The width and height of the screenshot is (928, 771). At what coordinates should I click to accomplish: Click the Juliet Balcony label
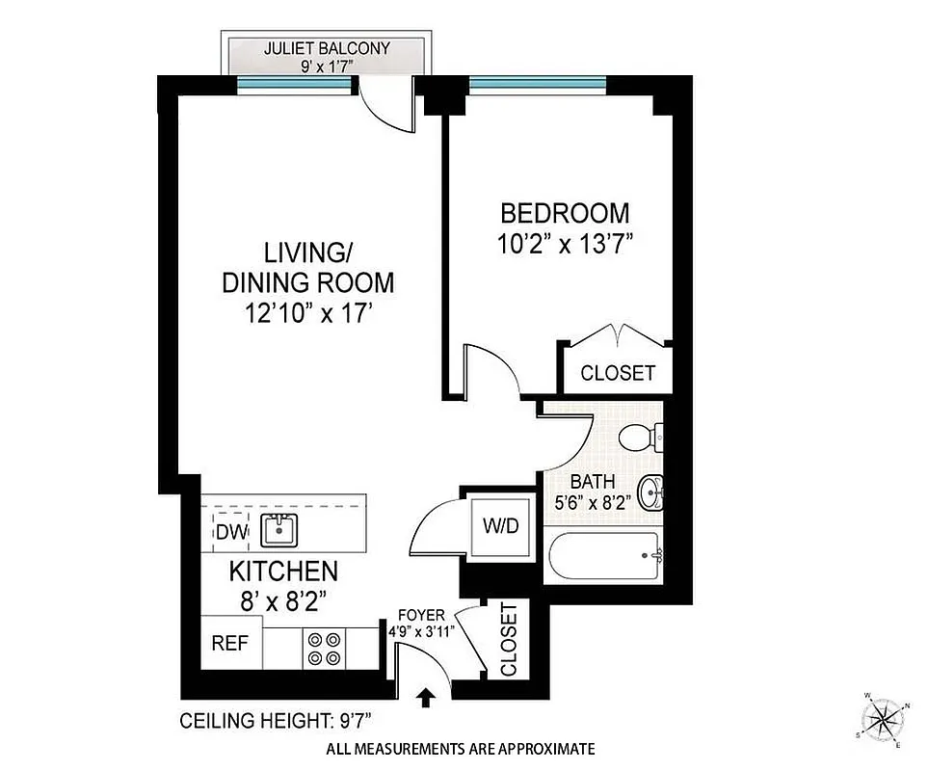(322, 47)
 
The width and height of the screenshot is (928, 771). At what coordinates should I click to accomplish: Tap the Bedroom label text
(564, 213)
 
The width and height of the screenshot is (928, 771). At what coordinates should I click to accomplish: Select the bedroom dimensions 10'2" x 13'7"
(564, 245)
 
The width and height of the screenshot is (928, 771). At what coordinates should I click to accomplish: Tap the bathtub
(602, 558)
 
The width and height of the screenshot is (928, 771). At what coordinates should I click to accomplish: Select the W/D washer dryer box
(499, 526)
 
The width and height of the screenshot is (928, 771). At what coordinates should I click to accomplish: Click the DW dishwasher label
(229, 531)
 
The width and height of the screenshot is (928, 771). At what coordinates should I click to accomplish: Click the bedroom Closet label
(618, 373)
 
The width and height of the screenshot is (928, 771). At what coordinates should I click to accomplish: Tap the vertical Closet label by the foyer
(508, 640)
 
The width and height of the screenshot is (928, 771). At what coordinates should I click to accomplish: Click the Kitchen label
(282, 572)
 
